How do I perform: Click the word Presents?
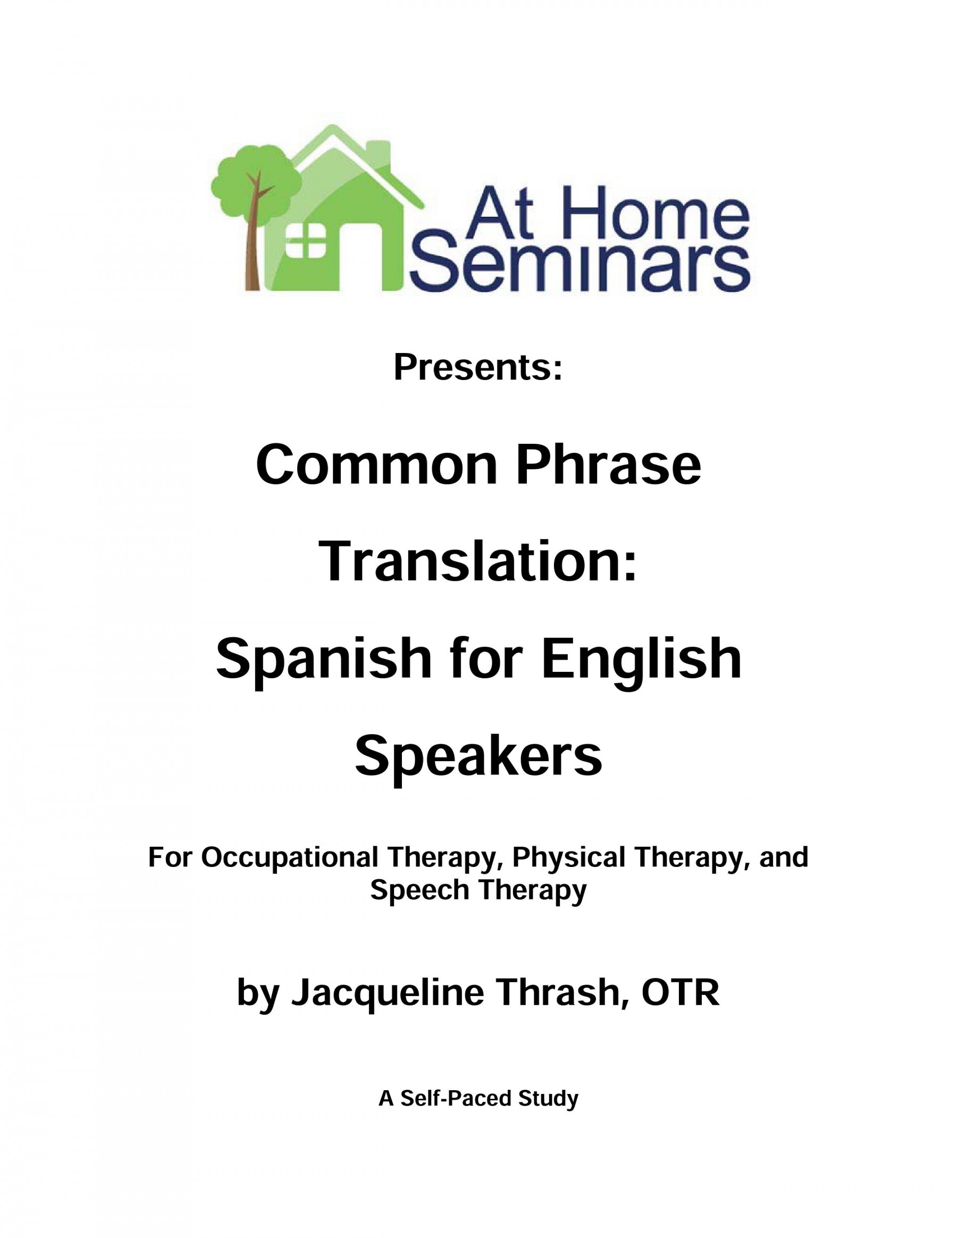[x=478, y=367]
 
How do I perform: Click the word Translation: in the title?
[x=479, y=563]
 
